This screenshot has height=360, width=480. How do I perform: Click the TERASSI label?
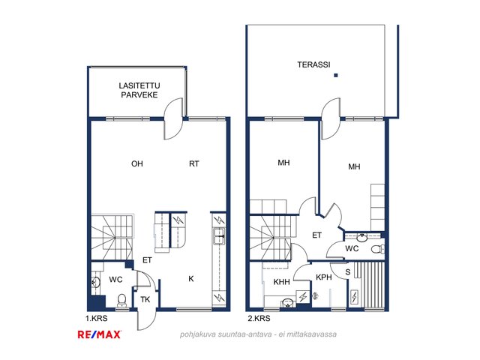[313, 64]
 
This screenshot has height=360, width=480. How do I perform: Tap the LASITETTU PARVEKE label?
[139, 90]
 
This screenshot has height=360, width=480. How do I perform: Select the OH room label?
[137, 163]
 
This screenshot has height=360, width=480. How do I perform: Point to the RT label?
[194, 163]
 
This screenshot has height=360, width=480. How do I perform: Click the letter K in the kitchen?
[191, 278]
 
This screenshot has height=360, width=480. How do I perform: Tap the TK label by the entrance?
[145, 299]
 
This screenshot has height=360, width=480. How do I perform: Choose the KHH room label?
[282, 282]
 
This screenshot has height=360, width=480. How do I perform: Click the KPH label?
[324, 277]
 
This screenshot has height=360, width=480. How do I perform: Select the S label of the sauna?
[348, 271]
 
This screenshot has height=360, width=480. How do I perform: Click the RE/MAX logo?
[100, 334]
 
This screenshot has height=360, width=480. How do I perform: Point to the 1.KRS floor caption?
[97, 318]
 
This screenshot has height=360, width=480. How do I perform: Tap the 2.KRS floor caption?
[259, 318]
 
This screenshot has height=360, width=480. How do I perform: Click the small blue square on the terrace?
[336, 75]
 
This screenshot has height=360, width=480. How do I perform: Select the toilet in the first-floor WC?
[121, 300]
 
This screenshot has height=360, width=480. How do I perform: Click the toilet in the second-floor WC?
[378, 249]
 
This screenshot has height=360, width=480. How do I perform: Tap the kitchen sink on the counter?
[219, 236]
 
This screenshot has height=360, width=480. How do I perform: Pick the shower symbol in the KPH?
[315, 295]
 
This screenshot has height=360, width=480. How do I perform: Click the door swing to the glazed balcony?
[173, 118]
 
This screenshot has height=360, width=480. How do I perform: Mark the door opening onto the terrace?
[331, 118]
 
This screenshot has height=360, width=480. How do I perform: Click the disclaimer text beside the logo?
[258, 334]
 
